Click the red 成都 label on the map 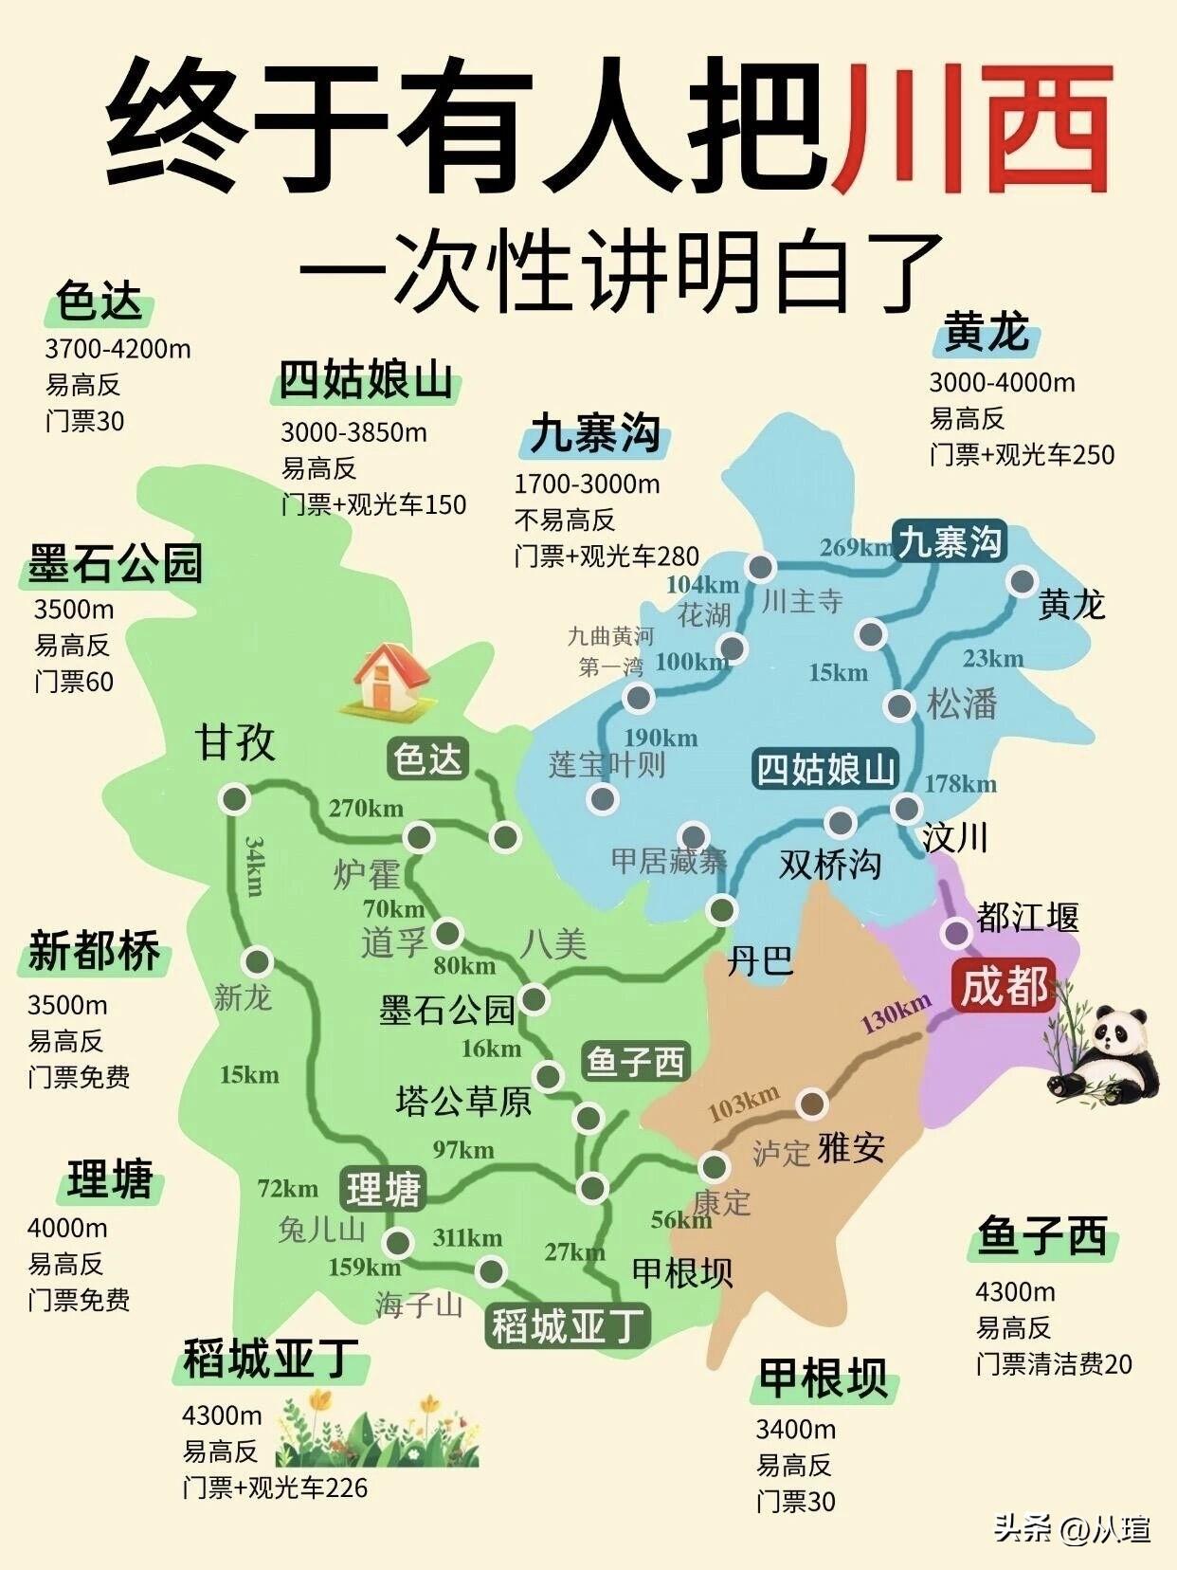[1005, 986]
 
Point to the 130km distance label [896, 1014]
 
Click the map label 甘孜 [235, 741]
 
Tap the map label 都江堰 [1028, 918]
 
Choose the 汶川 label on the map [955, 838]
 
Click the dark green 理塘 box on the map [383, 1190]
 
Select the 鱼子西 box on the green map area [635, 1061]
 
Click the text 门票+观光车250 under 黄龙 [1022, 455]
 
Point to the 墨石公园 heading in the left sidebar [116, 564]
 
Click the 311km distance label [467, 1238]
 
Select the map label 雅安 [851, 1148]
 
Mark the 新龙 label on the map [243, 996]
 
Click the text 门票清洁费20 [1054, 1364]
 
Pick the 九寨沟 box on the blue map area [950, 543]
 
